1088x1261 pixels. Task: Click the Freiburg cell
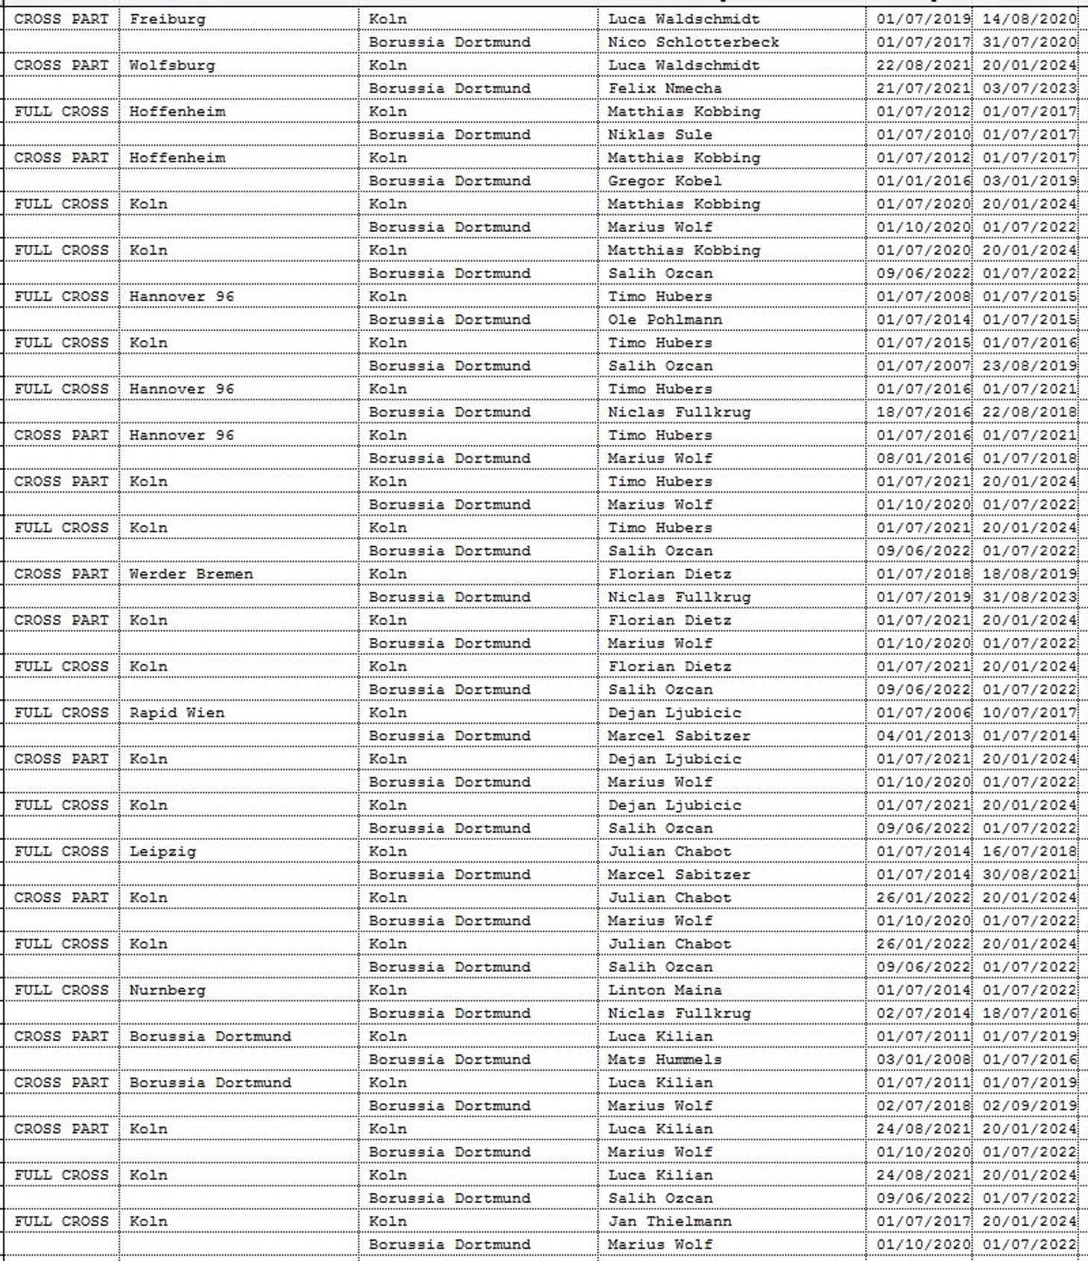pyautogui.click(x=168, y=19)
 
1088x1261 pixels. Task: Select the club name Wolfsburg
pyautogui.click(x=172, y=65)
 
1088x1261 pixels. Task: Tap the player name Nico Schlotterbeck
pyautogui.click(x=693, y=42)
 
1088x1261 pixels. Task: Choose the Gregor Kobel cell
pyautogui.click(x=665, y=180)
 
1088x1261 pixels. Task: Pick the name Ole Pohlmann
pyautogui.click(x=665, y=319)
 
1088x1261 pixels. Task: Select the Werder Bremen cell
pyautogui.click(x=191, y=574)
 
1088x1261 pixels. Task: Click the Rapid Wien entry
pyautogui.click(x=177, y=712)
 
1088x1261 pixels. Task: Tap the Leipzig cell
pyautogui.click(x=162, y=851)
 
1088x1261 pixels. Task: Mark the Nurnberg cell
pyautogui.click(x=167, y=990)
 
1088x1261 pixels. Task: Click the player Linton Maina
pyautogui.click(x=665, y=990)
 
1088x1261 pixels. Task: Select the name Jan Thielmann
pyautogui.click(x=669, y=1221)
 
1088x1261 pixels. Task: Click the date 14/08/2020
pyautogui.click(x=1029, y=19)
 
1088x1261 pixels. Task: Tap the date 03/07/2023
pyautogui.click(x=1029, y=88)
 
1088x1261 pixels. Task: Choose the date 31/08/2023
pyautogui.click(x=1029, y=597)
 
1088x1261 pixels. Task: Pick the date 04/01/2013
pyautogui.click(x=923, y=736)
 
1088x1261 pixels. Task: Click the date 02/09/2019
pyautogui.click(x=1029, y=1105)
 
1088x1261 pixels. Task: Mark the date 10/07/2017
pyautogui.click(x=1029, y=712)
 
